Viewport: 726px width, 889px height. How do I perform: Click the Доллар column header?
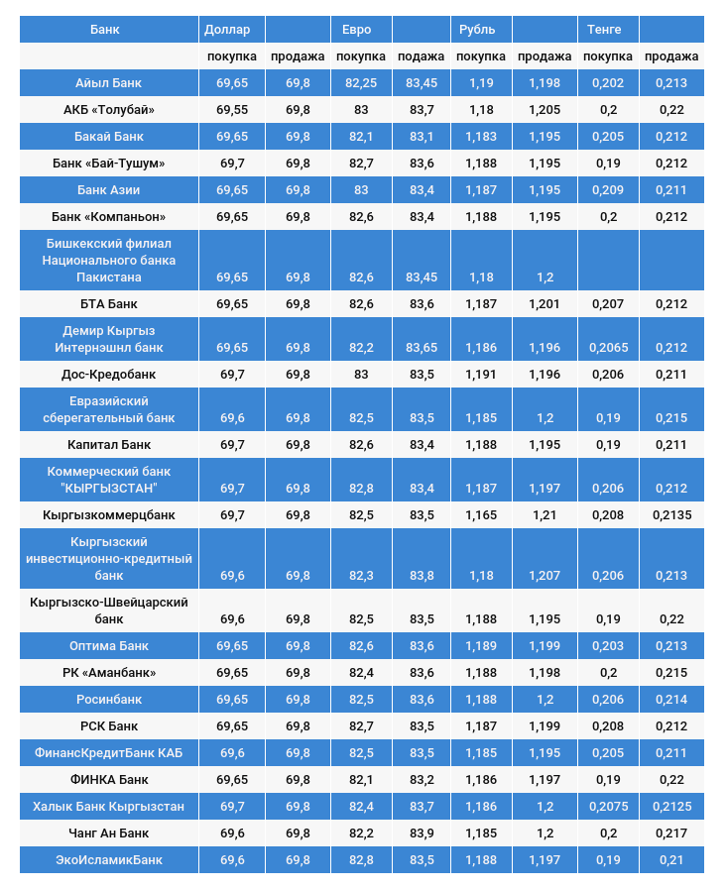[x=227, y=29]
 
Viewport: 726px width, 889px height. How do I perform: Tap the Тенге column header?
[x=604, y=29]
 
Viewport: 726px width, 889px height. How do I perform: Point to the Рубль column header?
[x=477, y=29]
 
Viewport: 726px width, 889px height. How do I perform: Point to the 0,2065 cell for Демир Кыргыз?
[x=608, y=348]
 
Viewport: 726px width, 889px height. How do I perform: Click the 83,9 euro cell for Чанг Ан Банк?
[x=421, y=833]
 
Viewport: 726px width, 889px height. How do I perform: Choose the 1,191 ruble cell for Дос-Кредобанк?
[x=481, y=375]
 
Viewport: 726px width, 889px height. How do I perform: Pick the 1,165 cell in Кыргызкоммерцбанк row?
[x=481, y=515]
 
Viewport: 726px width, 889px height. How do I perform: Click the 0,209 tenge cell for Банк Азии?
[x=608, y=190]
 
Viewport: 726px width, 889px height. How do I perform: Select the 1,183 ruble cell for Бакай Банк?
[x=481, y=137]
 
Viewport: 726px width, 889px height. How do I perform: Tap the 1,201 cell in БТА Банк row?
[x=544, y=304]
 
